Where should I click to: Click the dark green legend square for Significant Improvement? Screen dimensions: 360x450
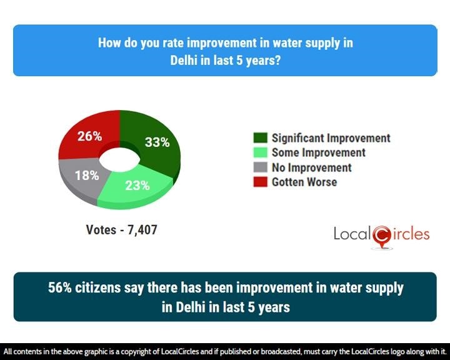coord(261,138)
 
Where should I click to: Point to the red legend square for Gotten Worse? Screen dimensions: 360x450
coord(261,182)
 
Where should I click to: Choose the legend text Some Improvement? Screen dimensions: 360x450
coord(318,152)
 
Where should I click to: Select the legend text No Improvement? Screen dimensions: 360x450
coord(311,167)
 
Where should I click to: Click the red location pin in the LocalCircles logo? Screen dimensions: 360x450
coord(381,236)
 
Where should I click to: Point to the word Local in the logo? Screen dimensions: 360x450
coord(352,234)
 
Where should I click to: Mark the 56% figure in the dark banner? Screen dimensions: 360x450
coord(61,288)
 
